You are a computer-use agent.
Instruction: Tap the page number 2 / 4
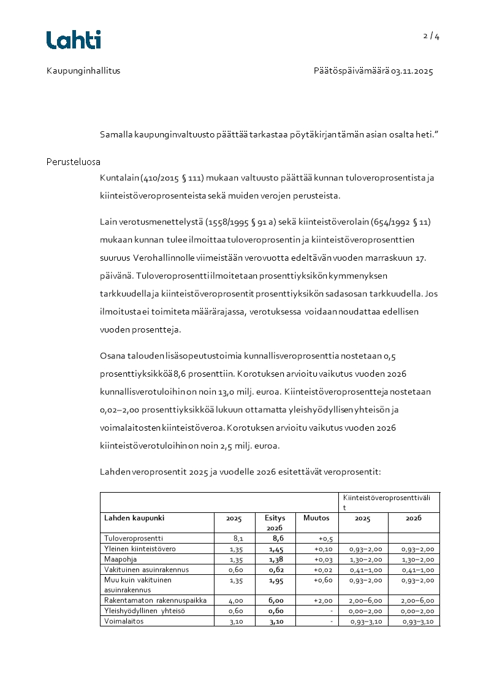tap(431, 36)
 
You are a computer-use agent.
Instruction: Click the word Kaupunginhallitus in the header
tap(83, 71)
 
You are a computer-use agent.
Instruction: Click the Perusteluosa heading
tap(74, 162)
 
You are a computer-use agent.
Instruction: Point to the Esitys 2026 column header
tap(275, 523)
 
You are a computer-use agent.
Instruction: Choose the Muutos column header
tap(316, 518)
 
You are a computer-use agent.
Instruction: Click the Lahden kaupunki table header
tap(134, 518)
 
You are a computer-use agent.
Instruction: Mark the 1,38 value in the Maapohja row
tap(276, 559)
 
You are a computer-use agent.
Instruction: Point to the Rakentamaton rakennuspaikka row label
tap(155, 600)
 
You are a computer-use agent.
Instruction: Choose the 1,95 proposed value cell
tap(276, 580)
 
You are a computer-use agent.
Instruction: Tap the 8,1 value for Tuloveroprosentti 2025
tap(239, 538)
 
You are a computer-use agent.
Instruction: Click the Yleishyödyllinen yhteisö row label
tap(144, 610)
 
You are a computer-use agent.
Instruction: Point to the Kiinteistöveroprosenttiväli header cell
tap(389, 502)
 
